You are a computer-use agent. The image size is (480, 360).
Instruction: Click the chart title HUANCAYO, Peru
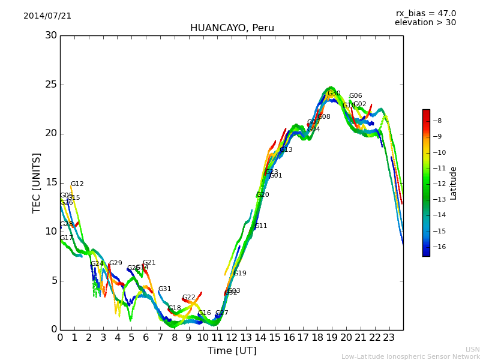(232, 28)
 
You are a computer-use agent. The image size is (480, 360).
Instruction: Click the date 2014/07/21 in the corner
(47, 16)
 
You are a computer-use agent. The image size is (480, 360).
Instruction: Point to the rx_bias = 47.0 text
(425, 14)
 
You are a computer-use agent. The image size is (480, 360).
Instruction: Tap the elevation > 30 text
(425, 23)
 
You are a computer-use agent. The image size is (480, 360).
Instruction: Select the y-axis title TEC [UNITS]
(37, 182)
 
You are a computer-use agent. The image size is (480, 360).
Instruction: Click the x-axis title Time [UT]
(232, 351)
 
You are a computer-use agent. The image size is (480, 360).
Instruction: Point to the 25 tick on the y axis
(50, 85)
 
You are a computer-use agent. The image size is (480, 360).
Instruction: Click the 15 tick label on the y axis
(50, 182)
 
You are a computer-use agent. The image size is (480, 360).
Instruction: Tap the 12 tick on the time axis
(232, 337)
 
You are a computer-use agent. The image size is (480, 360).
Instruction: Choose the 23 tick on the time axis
(389, 337)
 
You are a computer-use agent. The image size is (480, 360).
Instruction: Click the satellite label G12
(77, 184)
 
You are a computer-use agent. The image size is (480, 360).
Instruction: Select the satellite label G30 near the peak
(334, 94)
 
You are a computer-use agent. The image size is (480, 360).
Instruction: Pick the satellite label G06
(355, 96)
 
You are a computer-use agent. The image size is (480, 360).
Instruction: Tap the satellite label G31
(164, 289)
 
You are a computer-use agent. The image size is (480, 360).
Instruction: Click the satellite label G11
(261, 226)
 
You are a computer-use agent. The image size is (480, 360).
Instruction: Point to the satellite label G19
(239, 274)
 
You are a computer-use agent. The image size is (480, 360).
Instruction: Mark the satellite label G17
(66, 238)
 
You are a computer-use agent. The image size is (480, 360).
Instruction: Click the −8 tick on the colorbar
(437, 121)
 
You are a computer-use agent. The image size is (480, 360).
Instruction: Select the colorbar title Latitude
(454, 182)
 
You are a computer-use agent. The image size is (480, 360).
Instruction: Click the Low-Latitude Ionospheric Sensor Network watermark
(410, 357)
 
